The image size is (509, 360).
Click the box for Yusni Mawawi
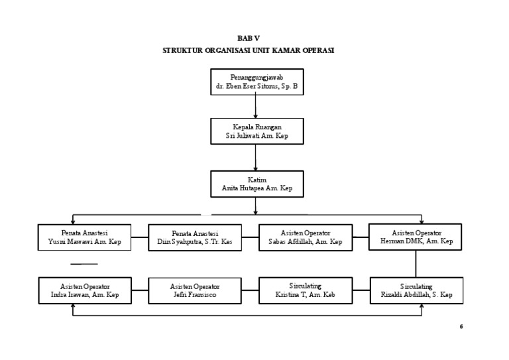pyautogui.click(x=84, y=237)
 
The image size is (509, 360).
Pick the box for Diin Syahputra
pyautogui.click(x=194, y=237)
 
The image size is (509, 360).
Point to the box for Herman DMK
pyautogui.click(x=416, y=237)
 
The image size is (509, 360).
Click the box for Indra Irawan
pyautogui.click(x=84, y=290)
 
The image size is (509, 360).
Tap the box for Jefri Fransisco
pyautogui.click(x=194, y=290)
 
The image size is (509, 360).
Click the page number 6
pyautogui.click(x=461, y=326)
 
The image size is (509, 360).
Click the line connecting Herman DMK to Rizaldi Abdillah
pyautogui.click(x=416, y=263)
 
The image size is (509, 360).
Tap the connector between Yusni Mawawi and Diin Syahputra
pyautogui.click(x=139, y=237)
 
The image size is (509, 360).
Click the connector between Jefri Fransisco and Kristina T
pyautogui.click(x=249, y=290)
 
